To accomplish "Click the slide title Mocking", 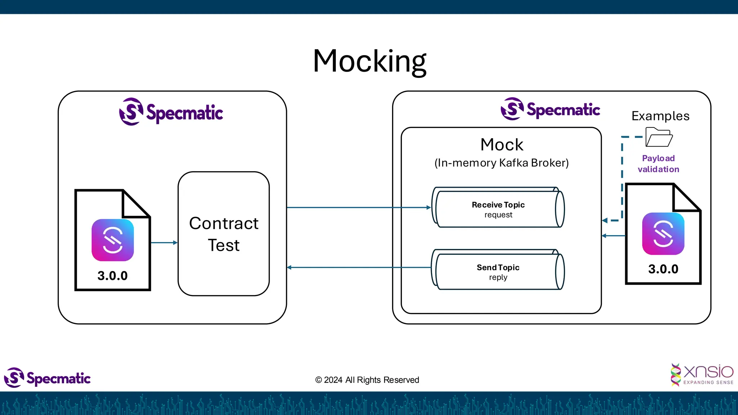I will (x=369, y=61).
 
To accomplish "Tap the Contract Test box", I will (x=223, y=234).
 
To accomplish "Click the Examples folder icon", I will (x=659, y=137).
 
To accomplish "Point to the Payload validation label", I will (x=658, y=164).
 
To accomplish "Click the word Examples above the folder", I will (x=660, y=116).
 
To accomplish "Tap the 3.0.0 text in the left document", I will (x=112, y=276).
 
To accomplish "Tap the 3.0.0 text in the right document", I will (x=663, y=269).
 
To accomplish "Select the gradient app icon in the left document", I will (x=112, y=240).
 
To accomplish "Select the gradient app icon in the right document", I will (x=663, y=233).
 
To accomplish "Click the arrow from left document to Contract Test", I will (x=164, y=243).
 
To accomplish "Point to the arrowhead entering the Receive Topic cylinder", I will (x=428, y=207).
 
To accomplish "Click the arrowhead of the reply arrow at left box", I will (x=289, y=267).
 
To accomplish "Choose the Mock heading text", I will (x=502, y=145).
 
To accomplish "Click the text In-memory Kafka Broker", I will (x=501, y=163).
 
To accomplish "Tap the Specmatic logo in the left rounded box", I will (x=171, y=112).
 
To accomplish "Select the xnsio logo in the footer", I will (x=702, y=375).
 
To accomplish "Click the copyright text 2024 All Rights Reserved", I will (x=367, y=380).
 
